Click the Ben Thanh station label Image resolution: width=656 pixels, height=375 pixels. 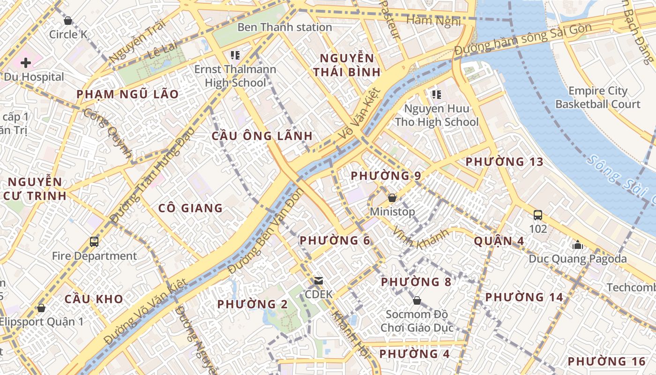pos(284,27)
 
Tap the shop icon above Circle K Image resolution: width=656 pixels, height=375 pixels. pos(68,21)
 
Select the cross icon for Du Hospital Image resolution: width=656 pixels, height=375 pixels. pos(26,62)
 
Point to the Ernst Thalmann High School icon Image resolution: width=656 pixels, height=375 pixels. pos(235,55)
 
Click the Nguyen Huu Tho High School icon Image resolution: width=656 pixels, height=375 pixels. pos(437,95)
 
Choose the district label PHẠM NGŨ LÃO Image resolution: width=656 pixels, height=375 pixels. pos(127,94)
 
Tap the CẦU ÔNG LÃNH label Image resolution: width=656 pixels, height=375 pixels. pos(262,136)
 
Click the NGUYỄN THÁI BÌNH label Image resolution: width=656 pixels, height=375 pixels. pos(347,65)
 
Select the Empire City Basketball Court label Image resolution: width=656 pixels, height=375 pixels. pos(597,97)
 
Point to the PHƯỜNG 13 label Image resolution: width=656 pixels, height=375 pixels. pos(504,162)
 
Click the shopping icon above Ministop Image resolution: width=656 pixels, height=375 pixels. pos(392,198)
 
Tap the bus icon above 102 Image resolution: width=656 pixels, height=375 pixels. pos(538,215)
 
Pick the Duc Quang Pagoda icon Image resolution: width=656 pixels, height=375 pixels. pos(577,245)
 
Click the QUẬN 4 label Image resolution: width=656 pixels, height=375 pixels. pos(499,241)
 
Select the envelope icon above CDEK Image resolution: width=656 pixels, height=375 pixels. pos(319,280)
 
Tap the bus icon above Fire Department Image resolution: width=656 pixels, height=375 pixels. pos(94,242)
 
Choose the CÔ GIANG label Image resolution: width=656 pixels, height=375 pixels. pos(190,208)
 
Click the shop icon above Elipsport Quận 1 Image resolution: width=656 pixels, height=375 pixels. pos(41,308)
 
